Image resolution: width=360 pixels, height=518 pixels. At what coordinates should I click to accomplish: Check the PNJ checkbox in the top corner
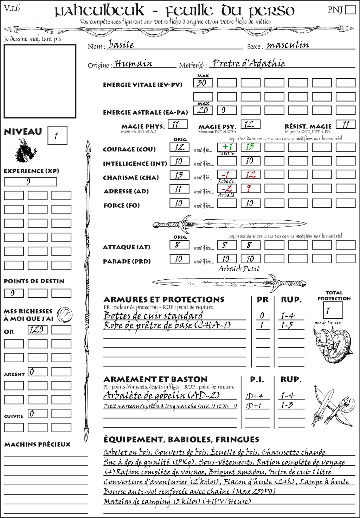(x=350, y=9)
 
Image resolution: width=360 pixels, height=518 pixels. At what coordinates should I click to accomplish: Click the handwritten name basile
(x=121, y=45)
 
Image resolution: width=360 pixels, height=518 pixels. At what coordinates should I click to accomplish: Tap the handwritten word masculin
(x=288, y=45)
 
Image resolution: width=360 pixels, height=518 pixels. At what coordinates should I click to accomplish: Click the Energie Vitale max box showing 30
(x=203, y=83)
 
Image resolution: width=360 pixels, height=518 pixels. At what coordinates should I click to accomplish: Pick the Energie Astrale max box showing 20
(x=203, y=110)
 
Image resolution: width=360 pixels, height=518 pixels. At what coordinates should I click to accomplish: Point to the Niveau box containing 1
(x=57, y=136)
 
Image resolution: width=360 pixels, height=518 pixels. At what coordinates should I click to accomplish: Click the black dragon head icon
(x=25, y=151)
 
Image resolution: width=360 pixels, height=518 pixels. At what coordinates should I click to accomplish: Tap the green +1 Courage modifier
(x=227, y=147)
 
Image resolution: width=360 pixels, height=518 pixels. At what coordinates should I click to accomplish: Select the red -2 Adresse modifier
(x=227, y=189)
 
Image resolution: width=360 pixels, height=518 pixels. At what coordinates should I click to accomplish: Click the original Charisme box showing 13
(x=179, y=175)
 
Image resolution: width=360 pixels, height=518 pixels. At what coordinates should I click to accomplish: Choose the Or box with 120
(x=37, y=330)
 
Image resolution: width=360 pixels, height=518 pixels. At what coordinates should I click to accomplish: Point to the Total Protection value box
(x=333, y=310)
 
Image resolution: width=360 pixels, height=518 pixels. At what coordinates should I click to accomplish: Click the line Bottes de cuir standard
(x=153, y=316)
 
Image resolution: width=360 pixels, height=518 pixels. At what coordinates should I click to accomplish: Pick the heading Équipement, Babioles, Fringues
(x=181, y=440)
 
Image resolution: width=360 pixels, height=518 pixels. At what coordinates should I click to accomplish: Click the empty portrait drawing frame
(x=40, y=81)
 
